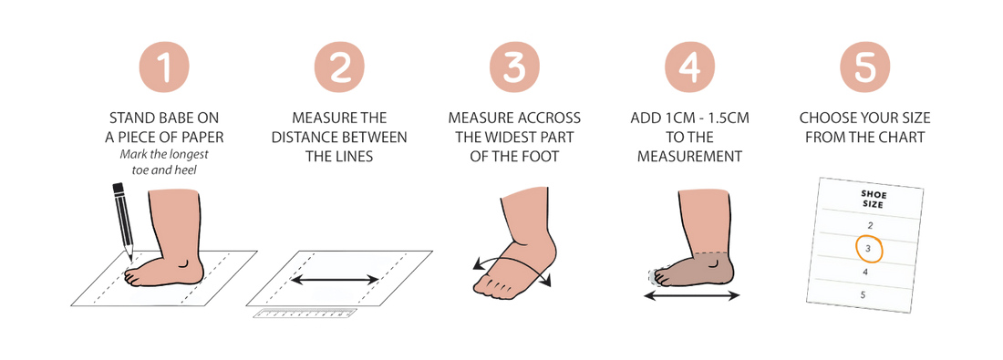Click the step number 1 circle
coord(164,67)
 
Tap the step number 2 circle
coord(339,67)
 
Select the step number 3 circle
coord(514,67)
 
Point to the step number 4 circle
coord(689,67)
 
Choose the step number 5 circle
coord(864,67)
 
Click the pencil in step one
coord(123,221)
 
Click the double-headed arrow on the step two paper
coord(336,280)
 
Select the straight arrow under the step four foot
coord(691,295)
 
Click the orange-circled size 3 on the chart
coord(868,250)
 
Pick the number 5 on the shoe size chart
coord(863,294)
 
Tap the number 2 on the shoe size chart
coord(870,225)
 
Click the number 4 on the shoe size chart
coord(865,272)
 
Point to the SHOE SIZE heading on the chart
coord(873,200)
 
